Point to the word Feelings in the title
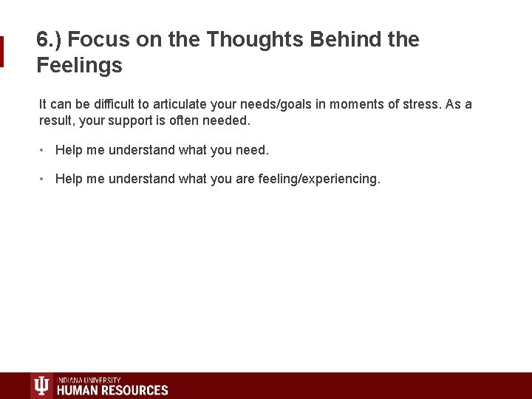pyautogui.click(x=79, y=66)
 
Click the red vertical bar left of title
pyautogui.click(x=2, y=52)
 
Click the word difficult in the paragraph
pyautogui.click(x=122, y=104)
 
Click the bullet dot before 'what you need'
pyautogui.click(x=44, y=150)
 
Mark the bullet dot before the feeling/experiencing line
pyautogui.click(x=44, y=179)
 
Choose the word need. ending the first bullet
pyautogui.click(x=253, y=150)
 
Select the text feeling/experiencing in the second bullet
pyautogui.click(x=319, y=179)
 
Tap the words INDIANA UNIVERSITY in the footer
pyautogui.click(x=89, y=380)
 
